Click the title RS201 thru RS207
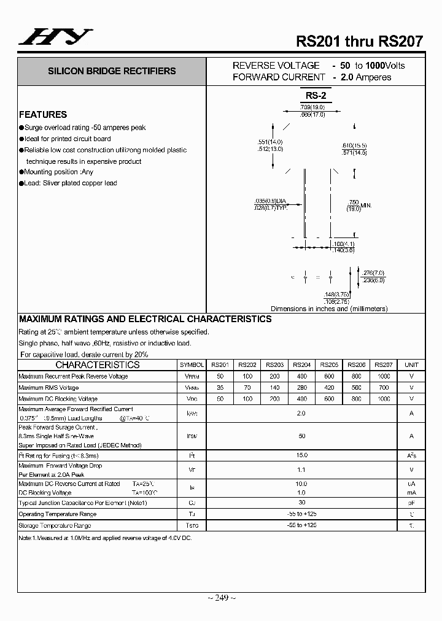[x=359, y=42]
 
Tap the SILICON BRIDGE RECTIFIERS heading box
[x=112, y=71]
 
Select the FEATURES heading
[x=43, y=115]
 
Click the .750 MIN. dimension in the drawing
[x=360, y=205]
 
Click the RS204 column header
[x=301, y=364]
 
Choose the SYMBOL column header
[x=192, y=364]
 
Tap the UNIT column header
[x=411, y=364]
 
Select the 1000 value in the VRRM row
[x=384, y=376]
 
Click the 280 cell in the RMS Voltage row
[x=301, y=388]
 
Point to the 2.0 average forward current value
[x=301, y=414]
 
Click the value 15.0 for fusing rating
[x=301, y=455]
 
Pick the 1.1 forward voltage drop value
[x=301, y=469]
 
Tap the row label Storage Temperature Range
[x=55, y=526]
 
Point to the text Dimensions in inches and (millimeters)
[x=329, y=309]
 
